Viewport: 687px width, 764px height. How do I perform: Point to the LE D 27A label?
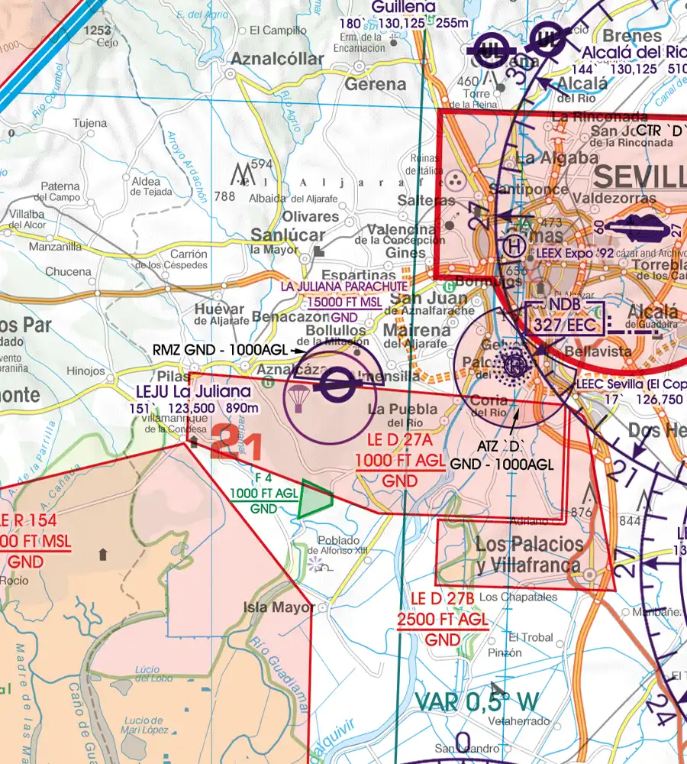click(401, 442)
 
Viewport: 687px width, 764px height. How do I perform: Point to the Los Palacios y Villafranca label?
click(530, 555)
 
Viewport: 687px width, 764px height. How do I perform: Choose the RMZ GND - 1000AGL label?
click(220, 349)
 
